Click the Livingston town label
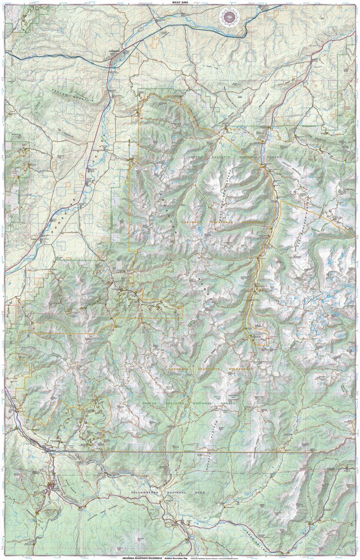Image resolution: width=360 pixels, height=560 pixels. pos(114,55)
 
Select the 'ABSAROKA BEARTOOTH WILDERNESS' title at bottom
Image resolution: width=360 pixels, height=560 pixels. pos(142,558)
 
